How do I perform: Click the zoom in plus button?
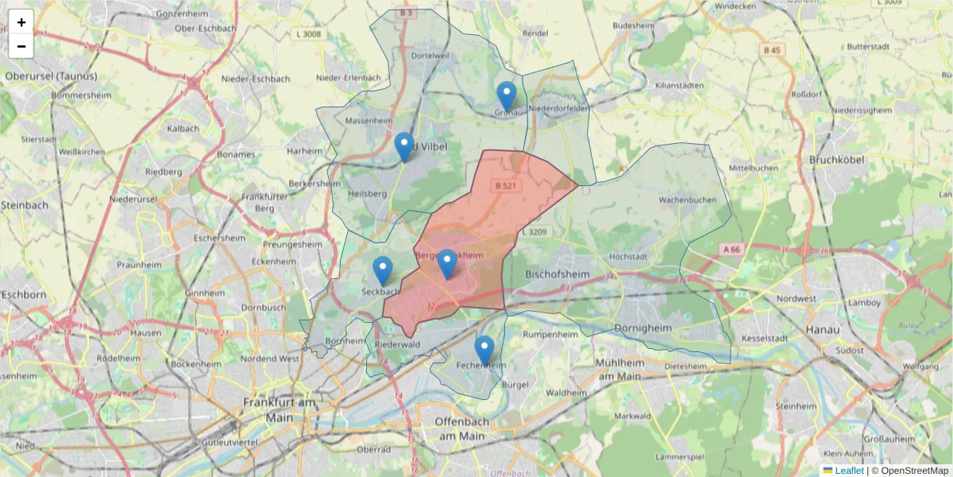coord(21,22)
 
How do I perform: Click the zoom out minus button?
coord(21,46)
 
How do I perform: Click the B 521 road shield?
coord(505,185)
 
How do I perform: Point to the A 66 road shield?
coord(731,249)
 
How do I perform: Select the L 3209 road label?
coord(537,231)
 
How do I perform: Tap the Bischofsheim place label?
coord(560,273)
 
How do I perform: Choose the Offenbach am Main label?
coord(460,429)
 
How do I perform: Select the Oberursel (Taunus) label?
coord(51,76)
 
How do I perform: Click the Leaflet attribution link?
coord(848,471)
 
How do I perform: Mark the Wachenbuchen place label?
coord(687,200)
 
